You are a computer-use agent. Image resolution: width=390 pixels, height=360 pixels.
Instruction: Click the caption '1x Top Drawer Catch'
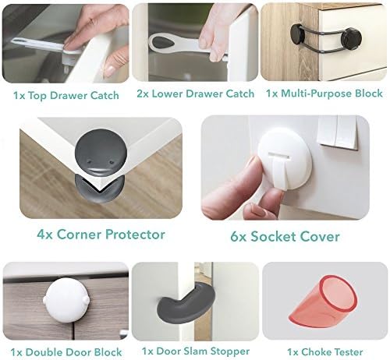click(66, 96)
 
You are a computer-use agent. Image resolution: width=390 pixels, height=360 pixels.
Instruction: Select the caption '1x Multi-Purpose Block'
click(324, 94)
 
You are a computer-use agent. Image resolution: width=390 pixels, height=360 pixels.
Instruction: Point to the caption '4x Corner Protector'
click(100, 234)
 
